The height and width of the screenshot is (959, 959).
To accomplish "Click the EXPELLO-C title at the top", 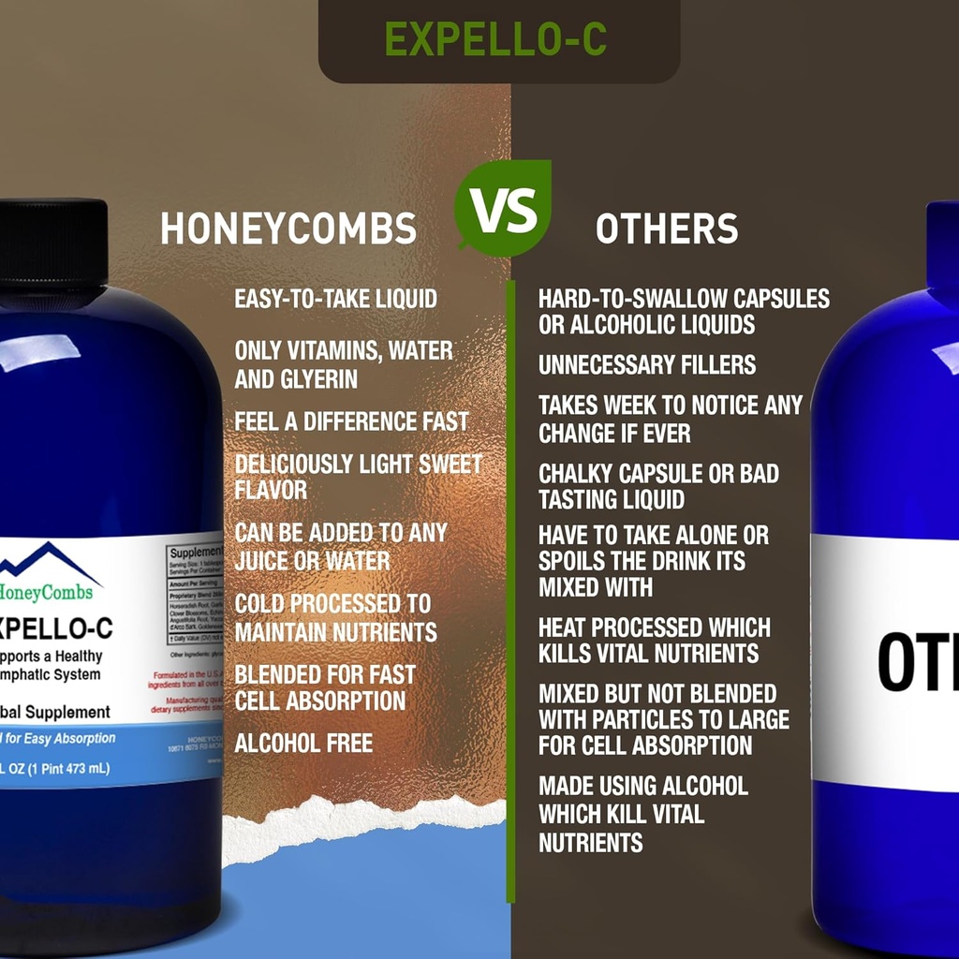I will pos(495,39).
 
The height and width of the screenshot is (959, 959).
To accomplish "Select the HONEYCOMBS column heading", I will pos(288,229).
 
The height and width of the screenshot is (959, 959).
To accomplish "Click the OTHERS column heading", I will pos(667,229).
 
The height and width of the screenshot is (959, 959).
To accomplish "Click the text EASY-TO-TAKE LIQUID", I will pos(335,300).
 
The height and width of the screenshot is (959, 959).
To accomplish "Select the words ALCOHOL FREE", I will pos(303,744).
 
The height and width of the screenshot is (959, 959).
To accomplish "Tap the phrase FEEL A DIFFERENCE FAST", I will pos(351,421).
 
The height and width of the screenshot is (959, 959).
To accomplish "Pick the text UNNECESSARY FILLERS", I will pos(647,365).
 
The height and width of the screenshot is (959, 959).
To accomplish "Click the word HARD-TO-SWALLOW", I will pos(632,299).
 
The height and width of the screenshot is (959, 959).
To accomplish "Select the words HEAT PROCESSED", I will pos(620,627).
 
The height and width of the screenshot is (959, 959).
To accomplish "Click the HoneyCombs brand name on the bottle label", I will pos(52,591).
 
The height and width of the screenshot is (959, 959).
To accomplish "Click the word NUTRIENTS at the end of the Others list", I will pos(591,842).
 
